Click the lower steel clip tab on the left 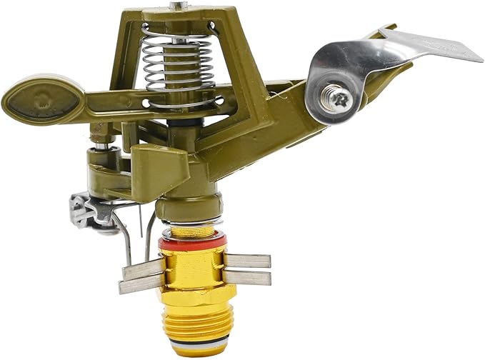[139, 285]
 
